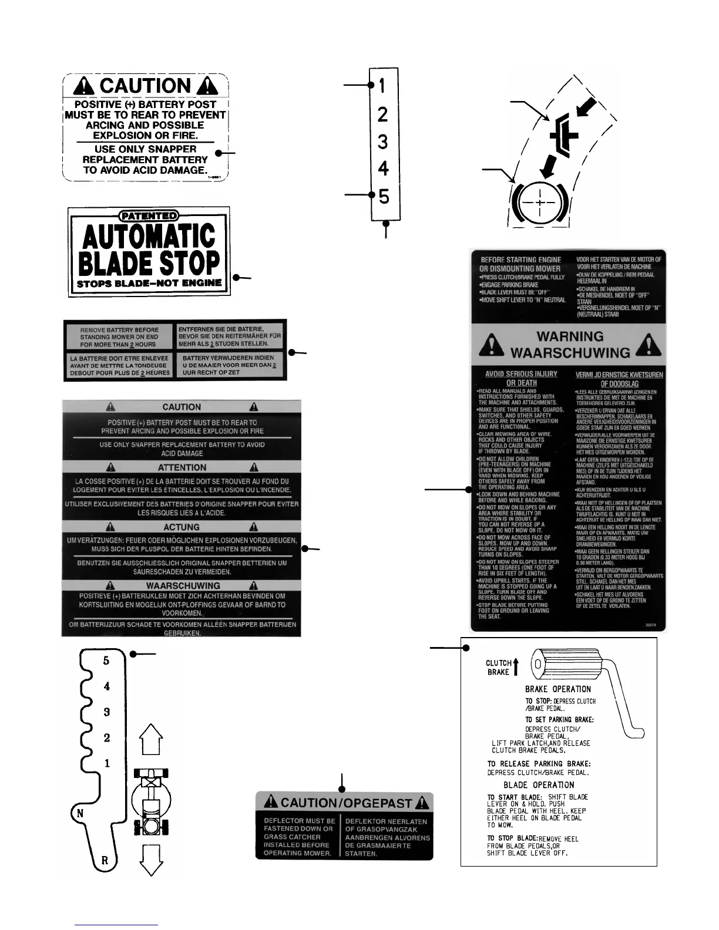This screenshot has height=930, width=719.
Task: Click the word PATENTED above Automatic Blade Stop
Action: tap(149, 216)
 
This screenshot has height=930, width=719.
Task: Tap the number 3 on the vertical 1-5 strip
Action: tap(383, 141)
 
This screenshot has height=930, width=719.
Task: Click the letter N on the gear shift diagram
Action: tap(80, 813)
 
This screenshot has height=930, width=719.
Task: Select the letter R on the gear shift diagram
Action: tap(105, 860)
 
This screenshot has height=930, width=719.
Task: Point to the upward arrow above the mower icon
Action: tap(152, 740)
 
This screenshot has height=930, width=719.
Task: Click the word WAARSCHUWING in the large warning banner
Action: tap(570, 353)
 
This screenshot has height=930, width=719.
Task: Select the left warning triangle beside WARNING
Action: tap(491, 345)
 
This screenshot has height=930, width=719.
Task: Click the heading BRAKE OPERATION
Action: tap(557, 689)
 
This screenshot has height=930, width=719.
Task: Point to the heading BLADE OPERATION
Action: tap(539, 785)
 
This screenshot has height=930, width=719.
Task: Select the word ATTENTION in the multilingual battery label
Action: tap(182, 467)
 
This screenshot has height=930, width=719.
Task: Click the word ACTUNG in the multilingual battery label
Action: tap(182, 527)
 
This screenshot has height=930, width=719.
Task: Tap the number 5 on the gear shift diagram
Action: tap(106, 661)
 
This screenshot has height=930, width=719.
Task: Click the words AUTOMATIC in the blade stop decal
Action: tap(149, 237)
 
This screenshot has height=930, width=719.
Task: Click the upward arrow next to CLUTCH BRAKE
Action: tap(516, 667)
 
